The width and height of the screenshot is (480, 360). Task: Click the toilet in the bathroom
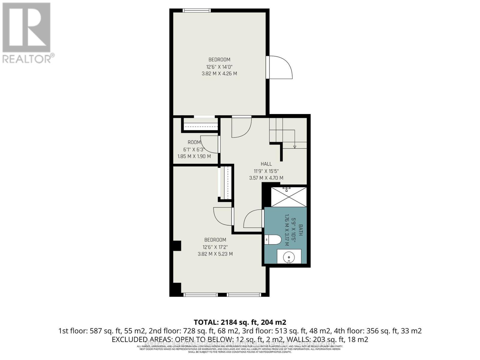pyautogui.click(x=274, y=240)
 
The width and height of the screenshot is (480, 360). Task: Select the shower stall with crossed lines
pyautogui.click(x=289, y=197)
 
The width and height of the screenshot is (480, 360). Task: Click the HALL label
pyautogui.click(x=266, y=164)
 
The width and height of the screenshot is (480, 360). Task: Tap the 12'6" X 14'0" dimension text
pyautogui.click(x=219, y=67)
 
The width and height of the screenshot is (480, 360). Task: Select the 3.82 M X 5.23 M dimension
pyautogui.click(x=215, y=254)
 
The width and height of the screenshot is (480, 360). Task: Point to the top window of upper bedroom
pyautogui.click(x=197, y=10)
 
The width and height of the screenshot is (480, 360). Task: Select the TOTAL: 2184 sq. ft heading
pyautogui.click(x=240, y=322)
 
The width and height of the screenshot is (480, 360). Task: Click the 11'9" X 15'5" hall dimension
pyautogui.click(x=266, y=171)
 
